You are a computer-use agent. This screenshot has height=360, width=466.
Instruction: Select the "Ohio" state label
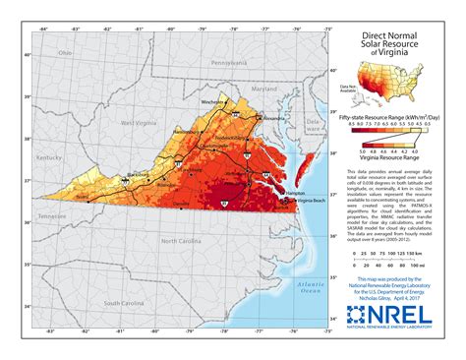click(x=66, y=51)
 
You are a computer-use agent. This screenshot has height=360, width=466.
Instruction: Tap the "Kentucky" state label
click(x=46, y=156)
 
